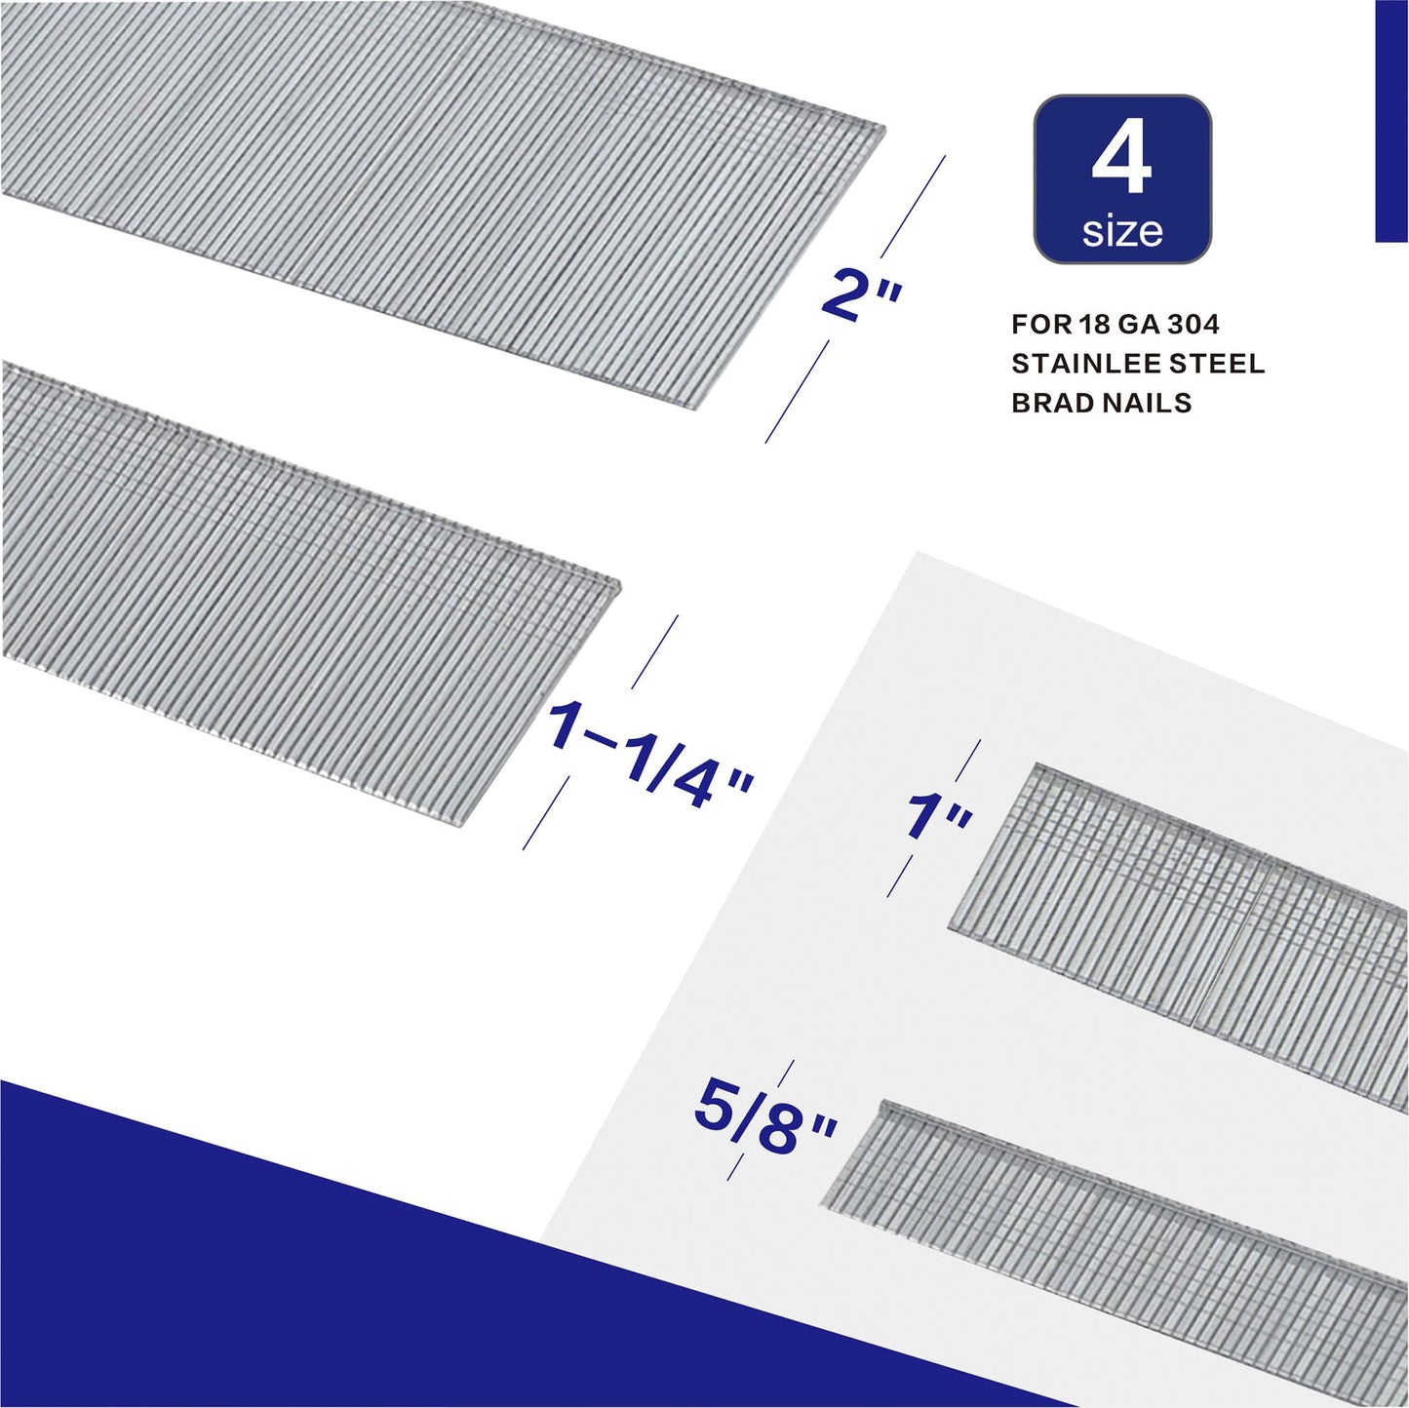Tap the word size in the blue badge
pyautogui.click(x=1122, y=232)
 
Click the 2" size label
pyautogui.click(x=862, y=296)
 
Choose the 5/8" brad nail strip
pyautogui.click(x=1121, y=1238)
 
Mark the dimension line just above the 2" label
pyautogui.click(x=913, y=206)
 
